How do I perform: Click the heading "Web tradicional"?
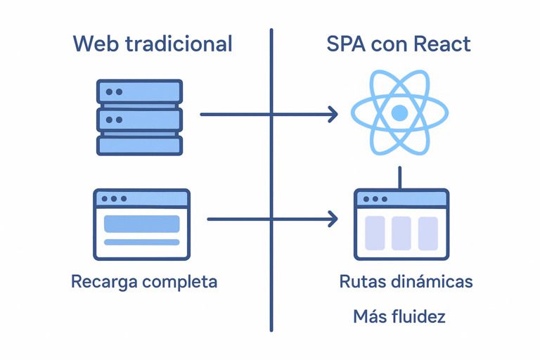click(x=153, y=44)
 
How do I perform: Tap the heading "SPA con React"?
click(x=399, y=44)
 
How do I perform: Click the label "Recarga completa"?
click(x=144, y=283)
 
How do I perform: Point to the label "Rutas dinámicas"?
click(x=406, y=283)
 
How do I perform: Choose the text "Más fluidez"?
click(x=399, y=317)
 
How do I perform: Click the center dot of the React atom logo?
click(x=399, y=112)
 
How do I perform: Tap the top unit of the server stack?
click(x=139, y=92)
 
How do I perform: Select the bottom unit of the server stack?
click(x=139, y=146)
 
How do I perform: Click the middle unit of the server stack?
click(x=139, y=119)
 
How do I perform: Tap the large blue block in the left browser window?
click(x=141, y=224)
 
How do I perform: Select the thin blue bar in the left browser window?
click(x=141, y=243)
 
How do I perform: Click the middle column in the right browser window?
click(x=401, y=233)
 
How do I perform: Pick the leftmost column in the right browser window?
click(x=375, y=233)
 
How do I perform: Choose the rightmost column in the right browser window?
click(x=427, y=233)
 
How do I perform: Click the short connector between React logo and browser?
click(x=399, y=177)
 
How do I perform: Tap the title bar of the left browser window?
click(x=141, y=199)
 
